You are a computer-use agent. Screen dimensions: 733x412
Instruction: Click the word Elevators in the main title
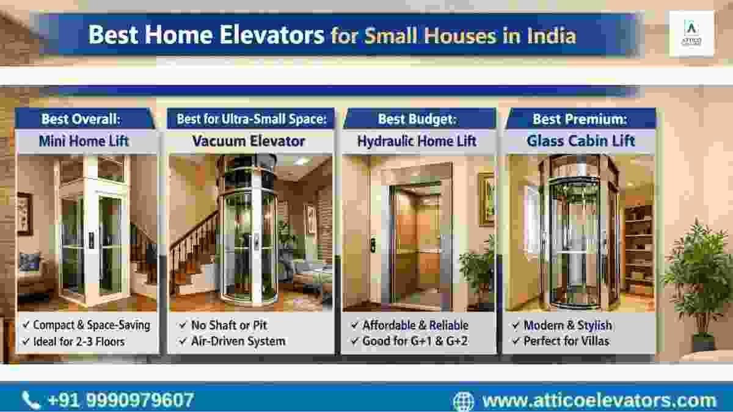272,35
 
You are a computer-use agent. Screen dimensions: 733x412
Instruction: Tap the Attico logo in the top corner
691,34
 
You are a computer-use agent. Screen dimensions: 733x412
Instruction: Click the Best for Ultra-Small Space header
251,118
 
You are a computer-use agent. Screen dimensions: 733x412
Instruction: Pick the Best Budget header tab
420,118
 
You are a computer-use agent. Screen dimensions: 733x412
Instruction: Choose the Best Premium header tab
580,118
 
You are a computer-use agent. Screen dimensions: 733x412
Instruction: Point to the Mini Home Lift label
84,141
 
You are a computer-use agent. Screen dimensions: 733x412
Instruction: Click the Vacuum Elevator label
249,141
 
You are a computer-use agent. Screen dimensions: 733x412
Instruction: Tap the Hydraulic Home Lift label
417,141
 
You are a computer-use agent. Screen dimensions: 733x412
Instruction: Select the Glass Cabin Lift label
581,141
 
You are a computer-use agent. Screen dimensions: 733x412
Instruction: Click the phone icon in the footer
31,400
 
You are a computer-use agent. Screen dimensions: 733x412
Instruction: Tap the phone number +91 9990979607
121,400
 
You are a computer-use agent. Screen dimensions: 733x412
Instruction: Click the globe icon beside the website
464,401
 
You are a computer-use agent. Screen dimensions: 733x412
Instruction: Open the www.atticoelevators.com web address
599,400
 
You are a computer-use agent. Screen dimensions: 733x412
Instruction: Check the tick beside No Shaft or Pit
183,325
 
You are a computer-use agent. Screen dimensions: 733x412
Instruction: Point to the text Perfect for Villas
566,341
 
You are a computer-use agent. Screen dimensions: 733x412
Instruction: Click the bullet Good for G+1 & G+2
415,341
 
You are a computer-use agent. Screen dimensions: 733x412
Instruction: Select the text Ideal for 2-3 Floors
79,342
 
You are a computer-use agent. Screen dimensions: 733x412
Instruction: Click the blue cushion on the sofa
29,262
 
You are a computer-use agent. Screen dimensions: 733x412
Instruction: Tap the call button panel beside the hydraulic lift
373,246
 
